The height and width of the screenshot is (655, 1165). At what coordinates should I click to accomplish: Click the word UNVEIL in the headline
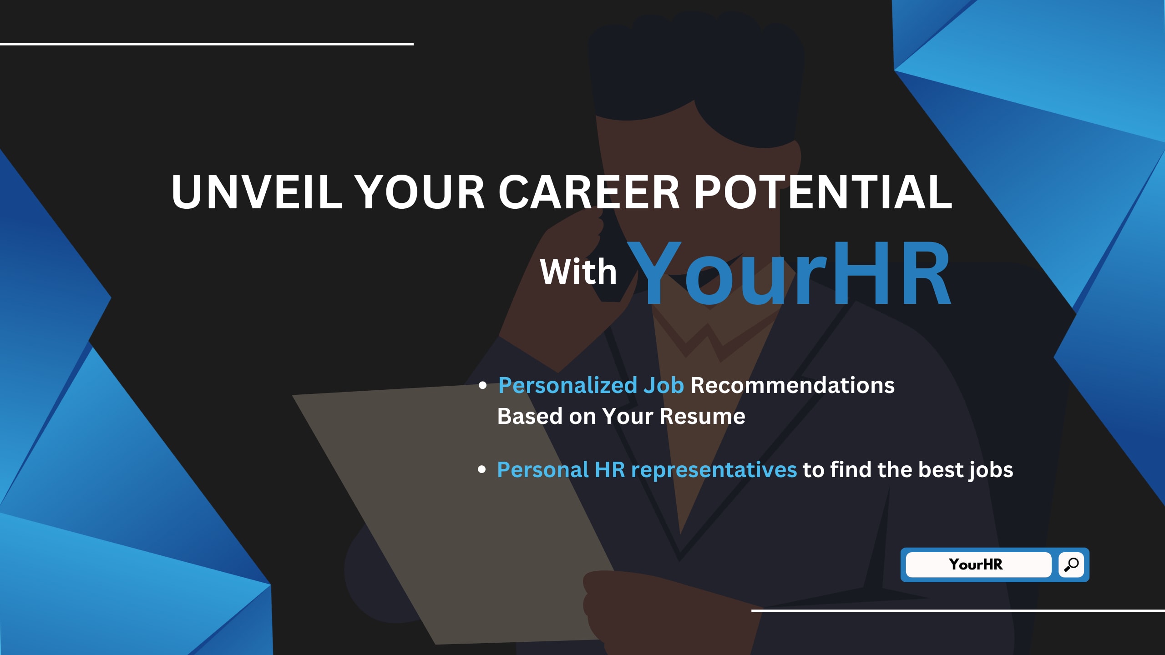pyautogui.click(x=257, y=192)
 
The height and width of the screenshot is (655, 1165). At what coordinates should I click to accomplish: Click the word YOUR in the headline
pyautogui.click(x=420, y=192)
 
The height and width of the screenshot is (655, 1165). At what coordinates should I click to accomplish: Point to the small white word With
pyautogui.click(x=578, y=272)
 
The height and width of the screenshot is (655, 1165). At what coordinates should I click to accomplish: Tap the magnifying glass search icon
pyautogui.click(x=1071, y=564)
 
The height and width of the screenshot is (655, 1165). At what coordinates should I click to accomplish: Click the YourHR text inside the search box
pyautogui.click(x=976, y=564)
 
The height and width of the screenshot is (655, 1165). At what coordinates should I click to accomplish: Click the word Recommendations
pyautogui.click(x=793, y=385)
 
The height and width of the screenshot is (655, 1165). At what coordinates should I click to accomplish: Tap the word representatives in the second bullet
pyautogui.click(x=714, y=470)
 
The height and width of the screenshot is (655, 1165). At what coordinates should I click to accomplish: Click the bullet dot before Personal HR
pyautogui.click(x=482, y=470)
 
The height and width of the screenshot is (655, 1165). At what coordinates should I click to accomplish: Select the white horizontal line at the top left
pyautogui.click(x=207, y=44)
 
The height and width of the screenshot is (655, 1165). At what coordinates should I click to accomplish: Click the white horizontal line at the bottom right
pyautogui.click(x=958, y=610)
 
